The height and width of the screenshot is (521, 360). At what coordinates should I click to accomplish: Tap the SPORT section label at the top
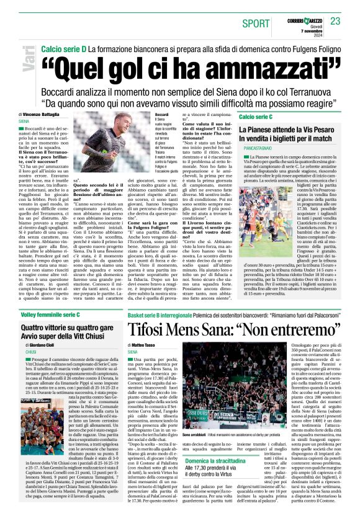(x=256, y=24)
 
